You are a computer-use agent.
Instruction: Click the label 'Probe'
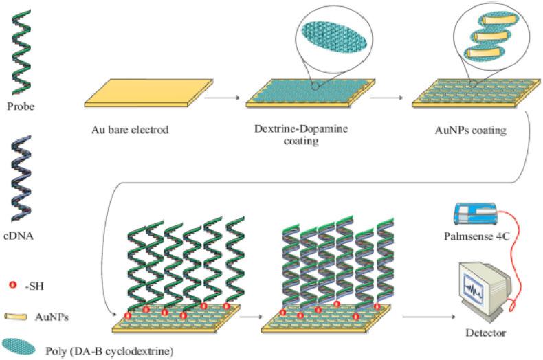(x=20, y=108)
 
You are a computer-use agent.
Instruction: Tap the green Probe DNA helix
(x=20, y=51)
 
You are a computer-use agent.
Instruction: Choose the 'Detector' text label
(x=481, y=333)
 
